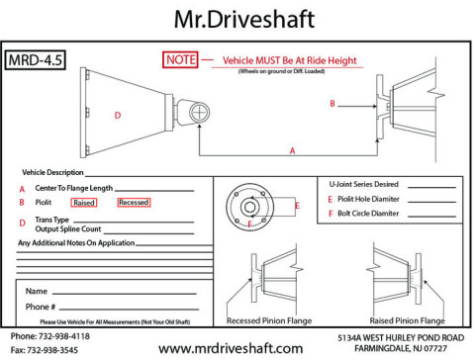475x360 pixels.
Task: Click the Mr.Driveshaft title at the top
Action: click(x=244, y=19)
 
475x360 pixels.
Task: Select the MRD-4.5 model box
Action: click(x=36, y=60)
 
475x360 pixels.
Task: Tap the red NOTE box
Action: click(x=180, y=59)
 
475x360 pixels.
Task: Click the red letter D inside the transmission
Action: click(x=118, y=116)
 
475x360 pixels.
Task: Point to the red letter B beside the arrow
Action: click(x=332, y=104)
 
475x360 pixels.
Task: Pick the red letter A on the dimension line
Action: click(x=292, y=150)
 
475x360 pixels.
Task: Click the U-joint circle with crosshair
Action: click(x=199, y=112)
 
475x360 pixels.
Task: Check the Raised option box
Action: click(x=84, y=203)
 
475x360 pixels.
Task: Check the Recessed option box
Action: click(x=134, y=202)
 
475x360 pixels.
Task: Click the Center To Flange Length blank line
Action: click(x=154, y=191)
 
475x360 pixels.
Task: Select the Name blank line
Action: click(x=125, y=293)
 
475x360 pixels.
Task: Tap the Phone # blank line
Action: click(x=129, y=310)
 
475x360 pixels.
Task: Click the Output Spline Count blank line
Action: click(x=148, y=233)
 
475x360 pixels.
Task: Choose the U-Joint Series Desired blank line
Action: click(x=431, y=187)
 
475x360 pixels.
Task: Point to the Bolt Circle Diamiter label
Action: click(x=368, y=214)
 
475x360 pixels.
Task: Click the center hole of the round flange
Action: click(x=249, y=208)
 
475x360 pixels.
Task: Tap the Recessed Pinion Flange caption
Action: click(x=269, y=320)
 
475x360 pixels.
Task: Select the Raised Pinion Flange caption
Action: click(x=407, y=320)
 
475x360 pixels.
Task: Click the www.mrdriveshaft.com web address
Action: click(x=231, y=348)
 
